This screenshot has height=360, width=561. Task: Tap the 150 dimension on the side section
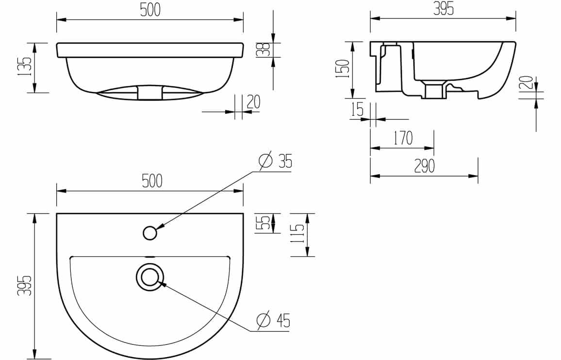343,69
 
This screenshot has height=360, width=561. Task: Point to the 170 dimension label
403,138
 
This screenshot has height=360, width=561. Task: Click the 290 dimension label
424,166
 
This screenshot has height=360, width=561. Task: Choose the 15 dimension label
358,109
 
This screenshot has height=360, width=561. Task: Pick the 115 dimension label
297,234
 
